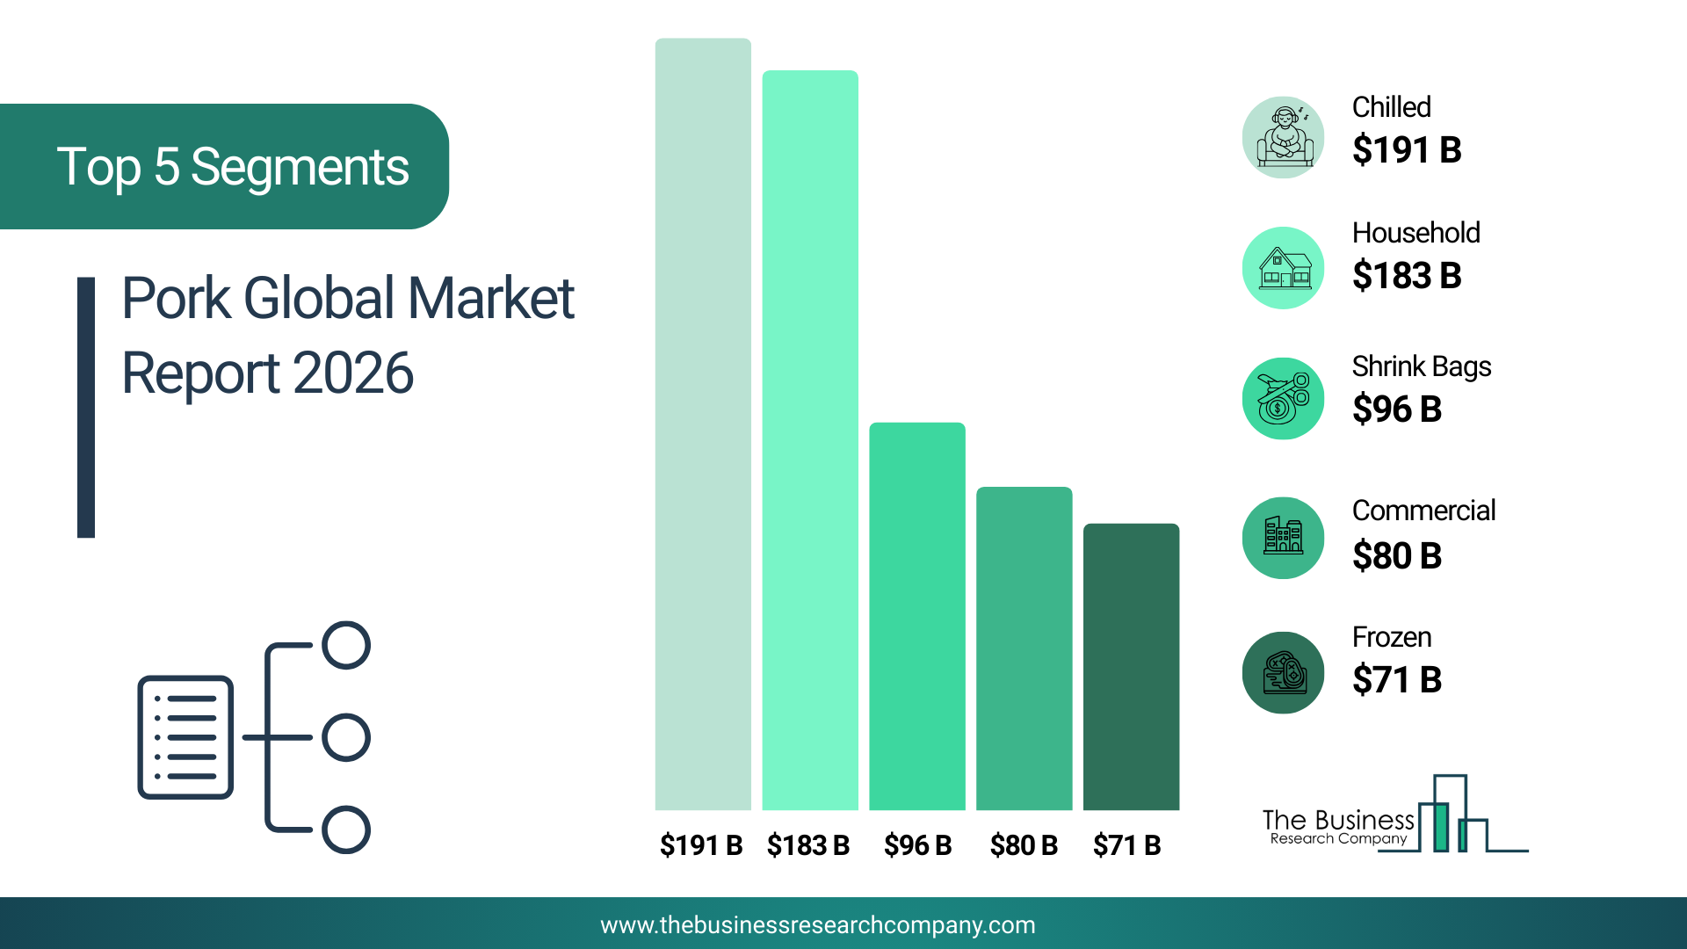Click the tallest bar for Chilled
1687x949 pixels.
703,424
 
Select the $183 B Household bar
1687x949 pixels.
810,440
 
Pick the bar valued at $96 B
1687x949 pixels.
917,616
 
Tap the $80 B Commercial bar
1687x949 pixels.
1025,648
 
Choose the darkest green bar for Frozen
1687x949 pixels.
1132,667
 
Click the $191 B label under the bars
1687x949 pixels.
701,845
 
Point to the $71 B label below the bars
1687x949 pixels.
1127,845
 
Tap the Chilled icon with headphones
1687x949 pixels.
1284,137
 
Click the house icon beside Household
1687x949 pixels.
1284,268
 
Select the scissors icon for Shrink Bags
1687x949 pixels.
1284,398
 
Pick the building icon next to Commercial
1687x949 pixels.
1284,538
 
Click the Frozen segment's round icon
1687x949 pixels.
1284,672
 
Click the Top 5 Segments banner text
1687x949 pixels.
233,167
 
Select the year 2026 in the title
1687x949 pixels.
353,373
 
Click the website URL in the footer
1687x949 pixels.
818,925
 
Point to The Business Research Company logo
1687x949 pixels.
1395,814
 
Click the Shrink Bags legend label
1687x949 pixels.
1422,366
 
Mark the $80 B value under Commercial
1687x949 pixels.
1397,555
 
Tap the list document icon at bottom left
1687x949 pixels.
185,737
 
